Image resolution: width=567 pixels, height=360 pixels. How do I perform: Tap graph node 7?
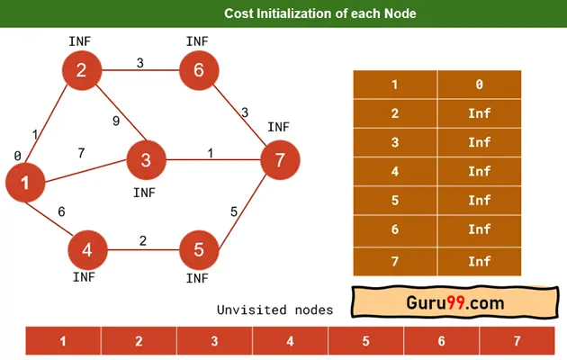(x=280, y=160)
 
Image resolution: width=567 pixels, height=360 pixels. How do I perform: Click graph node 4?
(x=86, y=247)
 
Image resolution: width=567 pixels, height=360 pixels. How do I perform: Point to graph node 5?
(x=199, y=247)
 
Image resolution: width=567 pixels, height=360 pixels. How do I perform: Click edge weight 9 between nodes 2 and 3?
(x=116, y=121)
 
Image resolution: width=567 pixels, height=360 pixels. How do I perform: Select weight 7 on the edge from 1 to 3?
(x=81, y=153)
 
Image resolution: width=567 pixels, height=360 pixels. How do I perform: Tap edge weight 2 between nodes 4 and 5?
(x=142, y=240)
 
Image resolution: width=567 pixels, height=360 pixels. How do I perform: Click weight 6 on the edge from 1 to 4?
(x=61, y=211)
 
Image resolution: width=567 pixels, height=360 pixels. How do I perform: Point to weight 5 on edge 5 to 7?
(x=233, y=211)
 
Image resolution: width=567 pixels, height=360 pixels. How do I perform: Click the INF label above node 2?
(x=81, y=42)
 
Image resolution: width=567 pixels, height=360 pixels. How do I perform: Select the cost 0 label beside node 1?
(x=17, y=156)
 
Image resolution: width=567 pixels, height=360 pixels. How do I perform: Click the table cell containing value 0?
(x=479, y=84)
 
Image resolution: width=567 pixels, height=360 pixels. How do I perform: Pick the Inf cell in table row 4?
(x=479, y=171)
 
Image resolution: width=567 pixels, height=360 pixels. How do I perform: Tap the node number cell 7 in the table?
(x=394, y=260)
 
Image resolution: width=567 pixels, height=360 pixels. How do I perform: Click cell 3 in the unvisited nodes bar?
(x=214, y=342)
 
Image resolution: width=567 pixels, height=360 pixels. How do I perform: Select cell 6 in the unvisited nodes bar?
(x=441, y=342)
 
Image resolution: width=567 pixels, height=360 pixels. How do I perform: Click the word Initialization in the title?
(x=310, y=13)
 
